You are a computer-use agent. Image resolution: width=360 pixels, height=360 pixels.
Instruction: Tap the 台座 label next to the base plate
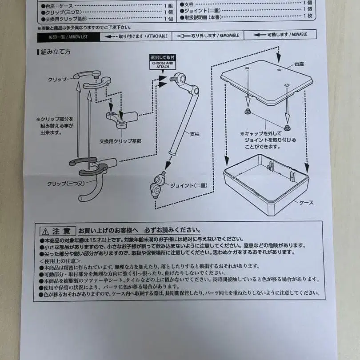pos(300,64)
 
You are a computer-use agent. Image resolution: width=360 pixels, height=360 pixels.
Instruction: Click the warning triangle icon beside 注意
pos(45,232)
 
